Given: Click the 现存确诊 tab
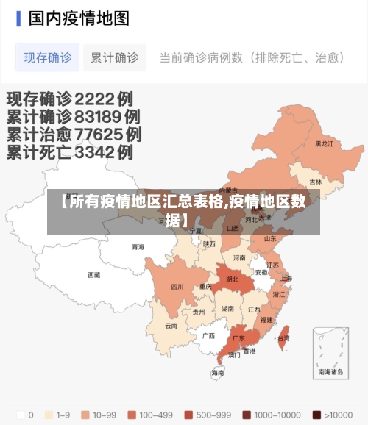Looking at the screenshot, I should tap(48, 57).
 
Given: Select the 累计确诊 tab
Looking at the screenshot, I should tap(114, 57).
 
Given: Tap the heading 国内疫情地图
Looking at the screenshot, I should tap(79, 18).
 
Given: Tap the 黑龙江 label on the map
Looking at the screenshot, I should tap(324, 144).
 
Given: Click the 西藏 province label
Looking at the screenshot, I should tap(93, 275).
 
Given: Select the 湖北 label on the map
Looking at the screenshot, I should tap(232, 279).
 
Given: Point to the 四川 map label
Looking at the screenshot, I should tap(177, 287).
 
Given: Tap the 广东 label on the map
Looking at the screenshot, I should tap(238, 339).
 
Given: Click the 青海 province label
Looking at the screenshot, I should tap(138, 247).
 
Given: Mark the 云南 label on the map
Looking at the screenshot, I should tap(171, 325).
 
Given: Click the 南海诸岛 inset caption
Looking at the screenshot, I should tap(330, 373).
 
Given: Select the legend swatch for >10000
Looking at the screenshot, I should tap(316, 414).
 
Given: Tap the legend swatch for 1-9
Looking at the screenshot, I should tap(51, 414).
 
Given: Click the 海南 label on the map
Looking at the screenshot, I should tap(218, 373).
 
